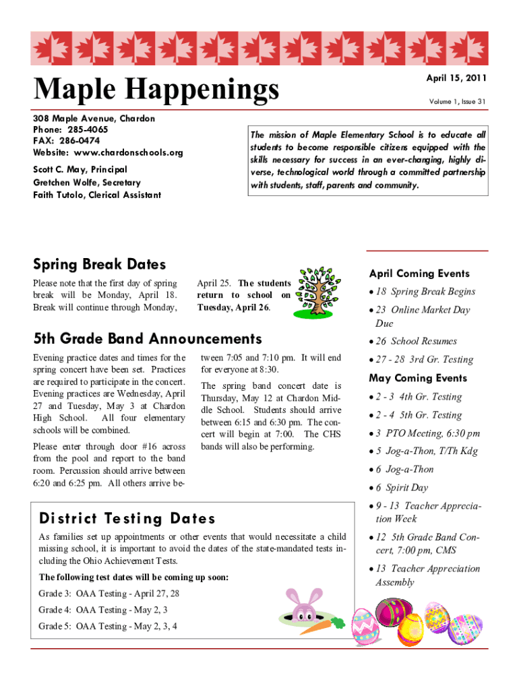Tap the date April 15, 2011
(456, 79)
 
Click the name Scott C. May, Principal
(80, 170)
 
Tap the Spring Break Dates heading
(99, 265)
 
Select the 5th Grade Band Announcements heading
(147, 338)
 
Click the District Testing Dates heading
(127, 518)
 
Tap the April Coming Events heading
(419, 274)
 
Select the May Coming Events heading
(417, 378)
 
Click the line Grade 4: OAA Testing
(103, 610)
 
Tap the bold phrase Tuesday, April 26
(233, 307)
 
